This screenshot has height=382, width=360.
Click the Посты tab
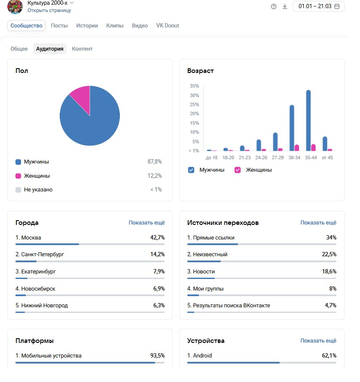coord(59,26)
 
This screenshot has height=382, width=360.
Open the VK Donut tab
coord(168,26)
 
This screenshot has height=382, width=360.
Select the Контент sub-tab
coord(82,49)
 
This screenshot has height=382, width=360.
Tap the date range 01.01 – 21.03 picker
coord(318,6)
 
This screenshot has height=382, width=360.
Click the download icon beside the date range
coord(285,6)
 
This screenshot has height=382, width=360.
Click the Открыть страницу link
coord(49,10)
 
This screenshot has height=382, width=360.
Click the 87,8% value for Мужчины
coord(155,162)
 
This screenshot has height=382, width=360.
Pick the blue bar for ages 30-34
coord(292,127)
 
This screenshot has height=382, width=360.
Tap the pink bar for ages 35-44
coord(314,147)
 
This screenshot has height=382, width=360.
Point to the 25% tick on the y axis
coord(195,105)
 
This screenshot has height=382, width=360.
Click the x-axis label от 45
coord(327,158)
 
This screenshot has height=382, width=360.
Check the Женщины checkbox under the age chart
coord(238,170)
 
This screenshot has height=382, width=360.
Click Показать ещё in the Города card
coord(146,223)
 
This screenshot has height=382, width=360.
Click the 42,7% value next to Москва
coord(157,238)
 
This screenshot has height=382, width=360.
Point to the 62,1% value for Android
coord(329,356)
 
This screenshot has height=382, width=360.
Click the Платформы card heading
coord(34,341)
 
